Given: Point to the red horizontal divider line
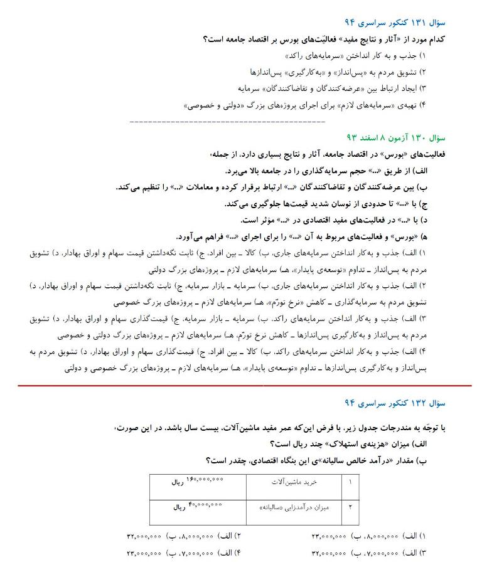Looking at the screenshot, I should pos(241,386).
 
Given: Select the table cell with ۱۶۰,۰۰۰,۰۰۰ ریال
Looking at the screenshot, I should pos(197,483).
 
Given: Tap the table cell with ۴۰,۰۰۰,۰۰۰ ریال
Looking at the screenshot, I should pos(197,507).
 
